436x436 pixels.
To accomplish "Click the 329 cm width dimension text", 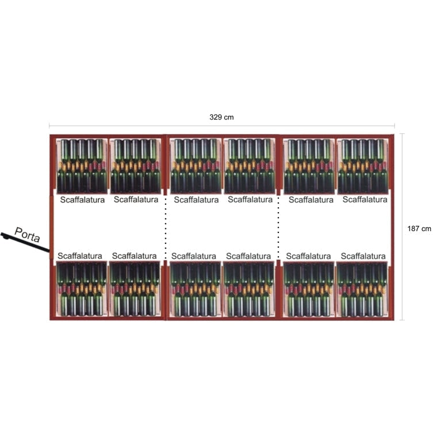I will pos(221,117).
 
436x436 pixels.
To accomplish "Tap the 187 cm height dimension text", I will pos(419,228).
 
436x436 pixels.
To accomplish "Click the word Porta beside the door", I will pos(28,234).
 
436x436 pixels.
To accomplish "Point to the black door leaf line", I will pos(26,243).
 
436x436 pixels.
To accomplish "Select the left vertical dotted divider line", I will pos(166,228).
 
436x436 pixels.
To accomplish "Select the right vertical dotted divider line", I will pos(279,228).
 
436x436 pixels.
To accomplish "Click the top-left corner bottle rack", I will pos(82,166).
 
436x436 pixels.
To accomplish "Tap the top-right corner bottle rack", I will pos(362,166).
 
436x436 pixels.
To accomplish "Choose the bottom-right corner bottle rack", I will pos(362,289).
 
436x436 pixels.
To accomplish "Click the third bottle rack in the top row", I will pos(196,166).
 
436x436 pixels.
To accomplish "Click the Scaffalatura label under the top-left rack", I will pos(82,200).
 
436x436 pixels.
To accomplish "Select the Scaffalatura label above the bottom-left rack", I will pos(79,256).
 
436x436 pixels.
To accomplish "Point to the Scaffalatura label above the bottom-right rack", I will pos(363,256).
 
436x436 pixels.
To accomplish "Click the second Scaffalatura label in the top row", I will pos(136,200).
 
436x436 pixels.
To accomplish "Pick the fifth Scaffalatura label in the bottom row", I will pos(308,256).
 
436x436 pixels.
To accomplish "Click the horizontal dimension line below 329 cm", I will pos(221,125).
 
